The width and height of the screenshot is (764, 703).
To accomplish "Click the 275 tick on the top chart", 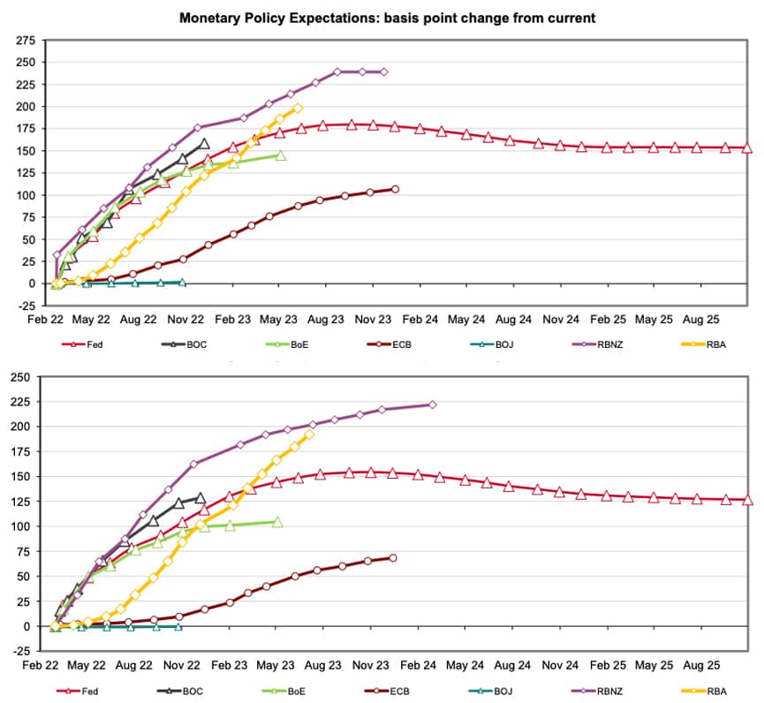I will pyautogui.click(x=26, y=41).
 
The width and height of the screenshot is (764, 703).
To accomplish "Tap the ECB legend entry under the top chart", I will pyautogui.click(x=394, y=344).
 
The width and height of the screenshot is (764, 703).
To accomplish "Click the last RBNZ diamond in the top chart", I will pyautogui.click(x=383, y=72).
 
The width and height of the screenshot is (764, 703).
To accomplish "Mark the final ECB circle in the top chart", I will pyautogui.click(x=395, y=189).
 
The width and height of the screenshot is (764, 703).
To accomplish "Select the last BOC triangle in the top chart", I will pyautogui.click(x=205, y=143).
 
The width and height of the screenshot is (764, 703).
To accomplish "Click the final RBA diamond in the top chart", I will pyautogui.click(x=298, y=108).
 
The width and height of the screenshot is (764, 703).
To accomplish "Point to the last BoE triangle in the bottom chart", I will pyautogui.click(x=277, y=522).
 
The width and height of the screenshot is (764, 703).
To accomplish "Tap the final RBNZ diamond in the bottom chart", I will pyautogui.click(x=432, y=404).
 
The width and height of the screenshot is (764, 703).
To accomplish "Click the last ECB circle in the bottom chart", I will pyautogui.click(x=392, y=557).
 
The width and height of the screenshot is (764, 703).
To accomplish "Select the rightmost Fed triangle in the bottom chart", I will pyautogui.click(x=747, y=500).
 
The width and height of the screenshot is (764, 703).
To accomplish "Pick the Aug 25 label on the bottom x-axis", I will pyautogui.click(x=707, y=665).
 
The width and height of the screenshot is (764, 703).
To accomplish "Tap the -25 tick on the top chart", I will pyautogui.click(x=26, y=306).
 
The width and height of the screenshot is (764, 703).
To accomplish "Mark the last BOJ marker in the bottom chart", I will pyautogui.click(x=178, y=626).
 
